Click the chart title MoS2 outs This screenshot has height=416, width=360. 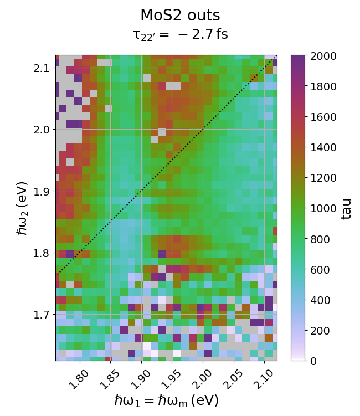pyautogui.click(x=180, y=16)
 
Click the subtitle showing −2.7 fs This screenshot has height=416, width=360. pyautogui.click(x=180, y=35)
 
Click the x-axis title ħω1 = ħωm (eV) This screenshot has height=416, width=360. pyautogui.click(x=166, y=400)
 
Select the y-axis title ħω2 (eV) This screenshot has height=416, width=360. pyautogui.click(x=22, y=208)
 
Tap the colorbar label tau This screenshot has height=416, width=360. pyautogui.click(x=346, y=208)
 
